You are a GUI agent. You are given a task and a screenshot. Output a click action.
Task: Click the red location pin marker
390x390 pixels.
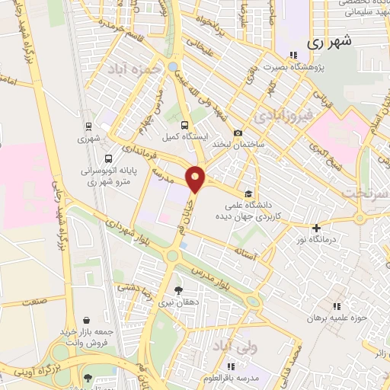tap(196, 178)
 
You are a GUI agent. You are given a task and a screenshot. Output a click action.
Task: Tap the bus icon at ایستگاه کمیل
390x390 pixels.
tap(184, 126)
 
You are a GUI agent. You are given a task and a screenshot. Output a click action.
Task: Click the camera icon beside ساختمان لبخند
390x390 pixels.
tap(238, 133)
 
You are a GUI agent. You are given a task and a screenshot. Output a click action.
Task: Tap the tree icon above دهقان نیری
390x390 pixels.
tap(178, 290)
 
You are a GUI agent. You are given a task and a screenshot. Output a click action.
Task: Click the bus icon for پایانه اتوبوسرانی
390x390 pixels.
tap(108, 159)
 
